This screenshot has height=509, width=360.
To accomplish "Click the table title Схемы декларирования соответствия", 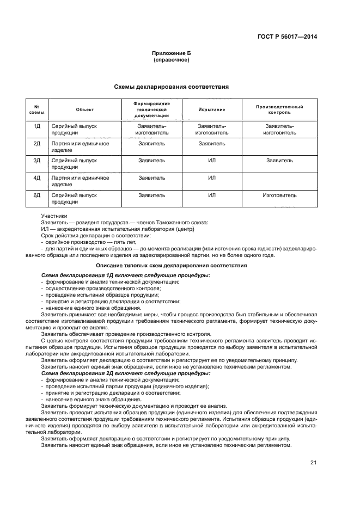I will tap(171, 87).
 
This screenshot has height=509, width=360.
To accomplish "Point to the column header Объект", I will tap(85, 109).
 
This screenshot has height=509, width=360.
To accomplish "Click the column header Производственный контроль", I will tap(279, 109).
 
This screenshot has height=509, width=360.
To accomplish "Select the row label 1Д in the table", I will tap(37, 126).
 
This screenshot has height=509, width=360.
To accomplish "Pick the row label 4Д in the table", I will tap(37, 178).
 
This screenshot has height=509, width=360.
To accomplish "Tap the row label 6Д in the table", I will tap(37, 195).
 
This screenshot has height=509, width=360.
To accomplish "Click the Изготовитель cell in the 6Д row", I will tap(279, 195).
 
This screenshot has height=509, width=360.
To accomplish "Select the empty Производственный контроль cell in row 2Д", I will tap(279, 146).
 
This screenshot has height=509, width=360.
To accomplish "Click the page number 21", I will tap(313, 463).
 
